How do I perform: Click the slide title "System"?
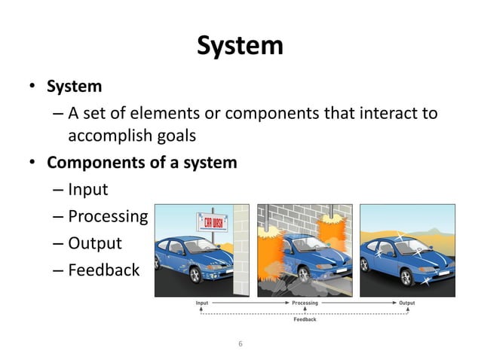click(240, 46)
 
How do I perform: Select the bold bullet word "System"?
click(75, 87)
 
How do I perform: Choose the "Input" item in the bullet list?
click(88, 189)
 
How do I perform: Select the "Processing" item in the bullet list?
click(108, 216)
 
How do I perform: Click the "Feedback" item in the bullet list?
click(103, 270)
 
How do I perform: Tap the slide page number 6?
click(240, 343)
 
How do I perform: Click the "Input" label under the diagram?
click(202, 304)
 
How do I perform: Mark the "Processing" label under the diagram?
click(305, 304)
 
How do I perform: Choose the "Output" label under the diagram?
click(406, 304)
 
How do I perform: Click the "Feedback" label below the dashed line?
click(305, 319)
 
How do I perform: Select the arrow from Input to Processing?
click(249, 304)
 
